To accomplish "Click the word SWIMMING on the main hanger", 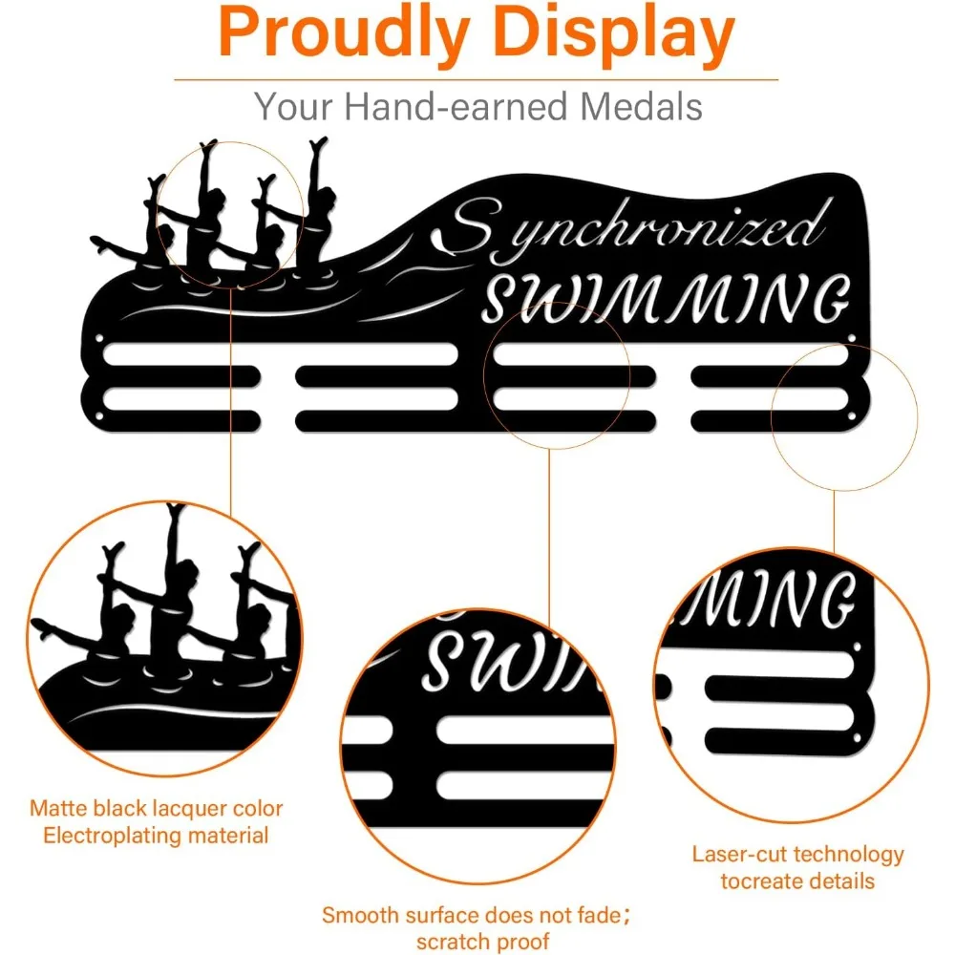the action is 667,298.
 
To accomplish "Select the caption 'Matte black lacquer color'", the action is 157,809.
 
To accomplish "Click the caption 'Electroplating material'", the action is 157,836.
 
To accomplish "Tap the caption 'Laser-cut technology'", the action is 798,854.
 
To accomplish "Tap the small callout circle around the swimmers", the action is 230,212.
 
